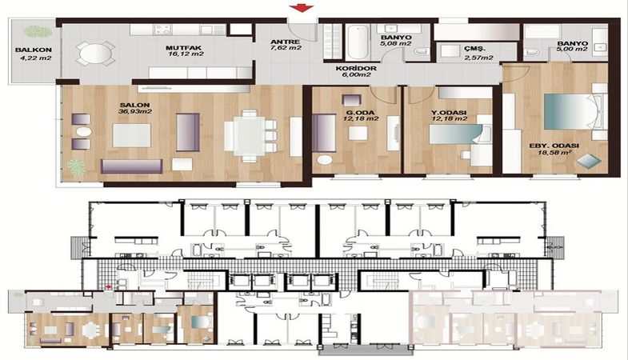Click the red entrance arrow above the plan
[x=302, y=8]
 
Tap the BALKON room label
[x=34, y=50]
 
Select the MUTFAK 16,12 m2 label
[x=185, y=51]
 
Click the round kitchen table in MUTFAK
[x=96, y=53]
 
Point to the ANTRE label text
[x=285, y=42]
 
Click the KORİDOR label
[x=356, y=69]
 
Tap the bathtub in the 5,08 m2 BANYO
[x=357, y=42]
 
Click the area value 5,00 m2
[x=572, y=50]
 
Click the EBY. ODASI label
[x=554, y=146]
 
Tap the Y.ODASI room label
[x=450, y=113]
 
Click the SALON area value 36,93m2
[x=135, y=112]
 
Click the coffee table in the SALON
[x=131, y=135]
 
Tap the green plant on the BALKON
[x=38, y=32]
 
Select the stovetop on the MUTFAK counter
[x=163, y=30]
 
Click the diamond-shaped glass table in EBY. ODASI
[x=589, y=161]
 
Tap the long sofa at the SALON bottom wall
[x=131, y=166]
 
